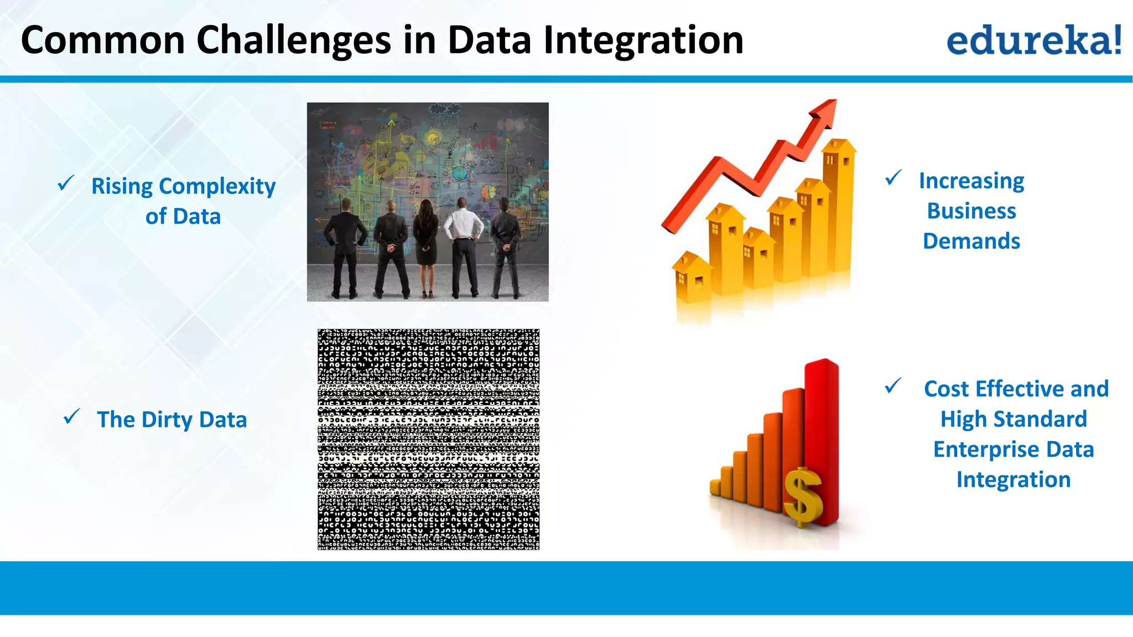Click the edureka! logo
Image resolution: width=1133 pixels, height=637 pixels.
(x=1033, y=40)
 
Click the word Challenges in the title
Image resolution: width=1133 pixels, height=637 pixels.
(x=294, y=41)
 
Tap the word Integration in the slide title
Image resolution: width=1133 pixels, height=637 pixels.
(x=643, y=41)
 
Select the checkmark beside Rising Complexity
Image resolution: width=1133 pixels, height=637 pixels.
(x=66, y=182)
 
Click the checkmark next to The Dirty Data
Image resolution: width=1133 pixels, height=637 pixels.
(x=72, y=416)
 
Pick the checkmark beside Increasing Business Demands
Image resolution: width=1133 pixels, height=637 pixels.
(x=893, y=177)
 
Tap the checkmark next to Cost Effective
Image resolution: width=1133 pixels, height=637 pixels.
(x=893, y=385)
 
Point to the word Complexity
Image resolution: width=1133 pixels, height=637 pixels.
(x=217, y=186)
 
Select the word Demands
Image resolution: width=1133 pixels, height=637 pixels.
(x=971, y=241)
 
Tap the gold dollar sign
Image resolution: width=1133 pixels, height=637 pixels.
(x=804, y=496)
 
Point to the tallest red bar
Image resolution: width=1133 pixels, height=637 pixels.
(x=823, y=437)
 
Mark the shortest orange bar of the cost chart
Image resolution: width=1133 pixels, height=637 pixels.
(x=715, y=487)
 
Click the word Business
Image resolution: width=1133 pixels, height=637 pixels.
(x=971, y=211)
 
